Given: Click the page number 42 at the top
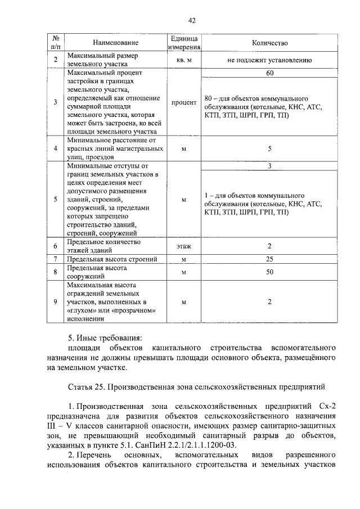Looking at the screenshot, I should (x=192, y=21).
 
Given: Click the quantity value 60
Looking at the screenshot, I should (x=269, y=73).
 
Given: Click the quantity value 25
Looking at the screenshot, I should (x=269, y=259).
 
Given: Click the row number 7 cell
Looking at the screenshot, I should (x=55, y=259).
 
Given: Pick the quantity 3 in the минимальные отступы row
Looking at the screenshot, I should (x=269, y=166).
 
